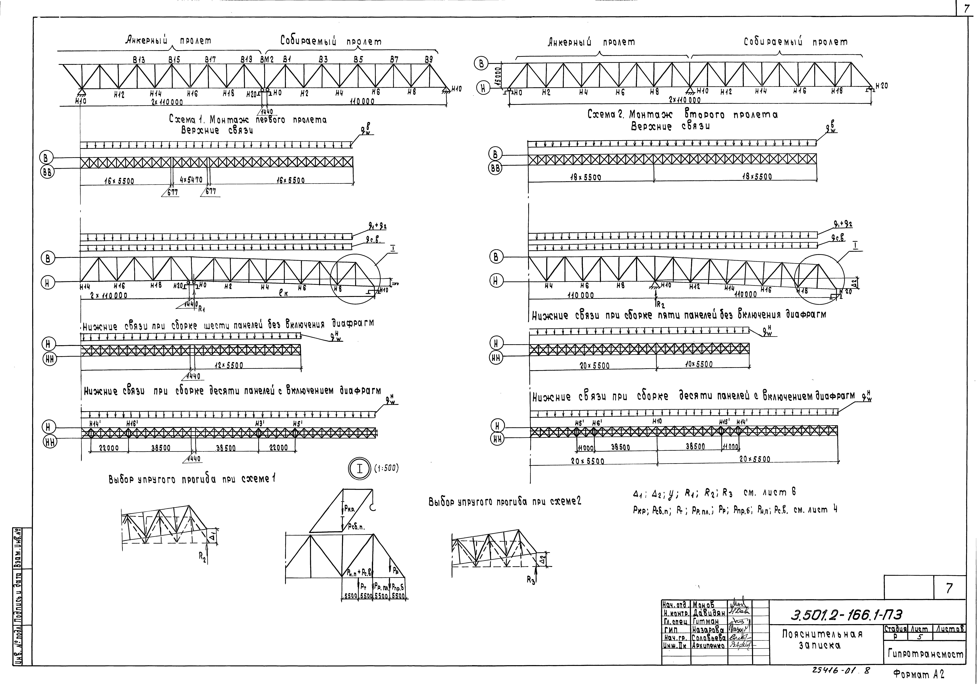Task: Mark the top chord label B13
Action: point(139,60)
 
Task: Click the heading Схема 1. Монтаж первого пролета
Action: point(248,120)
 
